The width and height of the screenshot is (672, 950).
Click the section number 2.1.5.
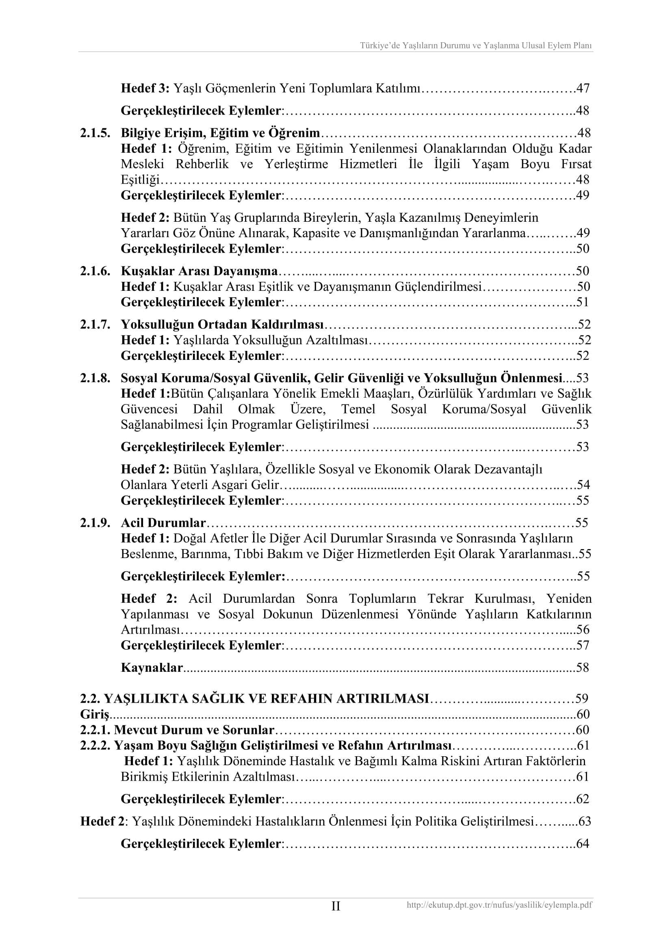click(95, 133)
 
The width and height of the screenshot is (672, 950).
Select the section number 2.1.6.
click(95, 271)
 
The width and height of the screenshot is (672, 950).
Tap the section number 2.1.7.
click(95, 325)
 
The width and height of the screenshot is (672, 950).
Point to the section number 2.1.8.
click(95, 378)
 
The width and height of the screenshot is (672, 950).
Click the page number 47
click(583, 88)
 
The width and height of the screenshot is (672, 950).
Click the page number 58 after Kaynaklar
click(582, 667)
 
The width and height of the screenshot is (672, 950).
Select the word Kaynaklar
click(152, 667)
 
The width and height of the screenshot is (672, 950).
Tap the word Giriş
click(95, 714)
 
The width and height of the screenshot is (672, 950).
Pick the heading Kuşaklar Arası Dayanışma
click(199, 271)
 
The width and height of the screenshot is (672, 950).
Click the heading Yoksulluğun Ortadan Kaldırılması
click(222, 325)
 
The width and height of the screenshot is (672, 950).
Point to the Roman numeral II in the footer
click(336, 906)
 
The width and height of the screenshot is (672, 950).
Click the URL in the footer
click(499, 905)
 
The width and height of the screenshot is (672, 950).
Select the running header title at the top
click(476, 45)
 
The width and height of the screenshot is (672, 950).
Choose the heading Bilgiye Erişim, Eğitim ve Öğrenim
click(220, 133)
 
